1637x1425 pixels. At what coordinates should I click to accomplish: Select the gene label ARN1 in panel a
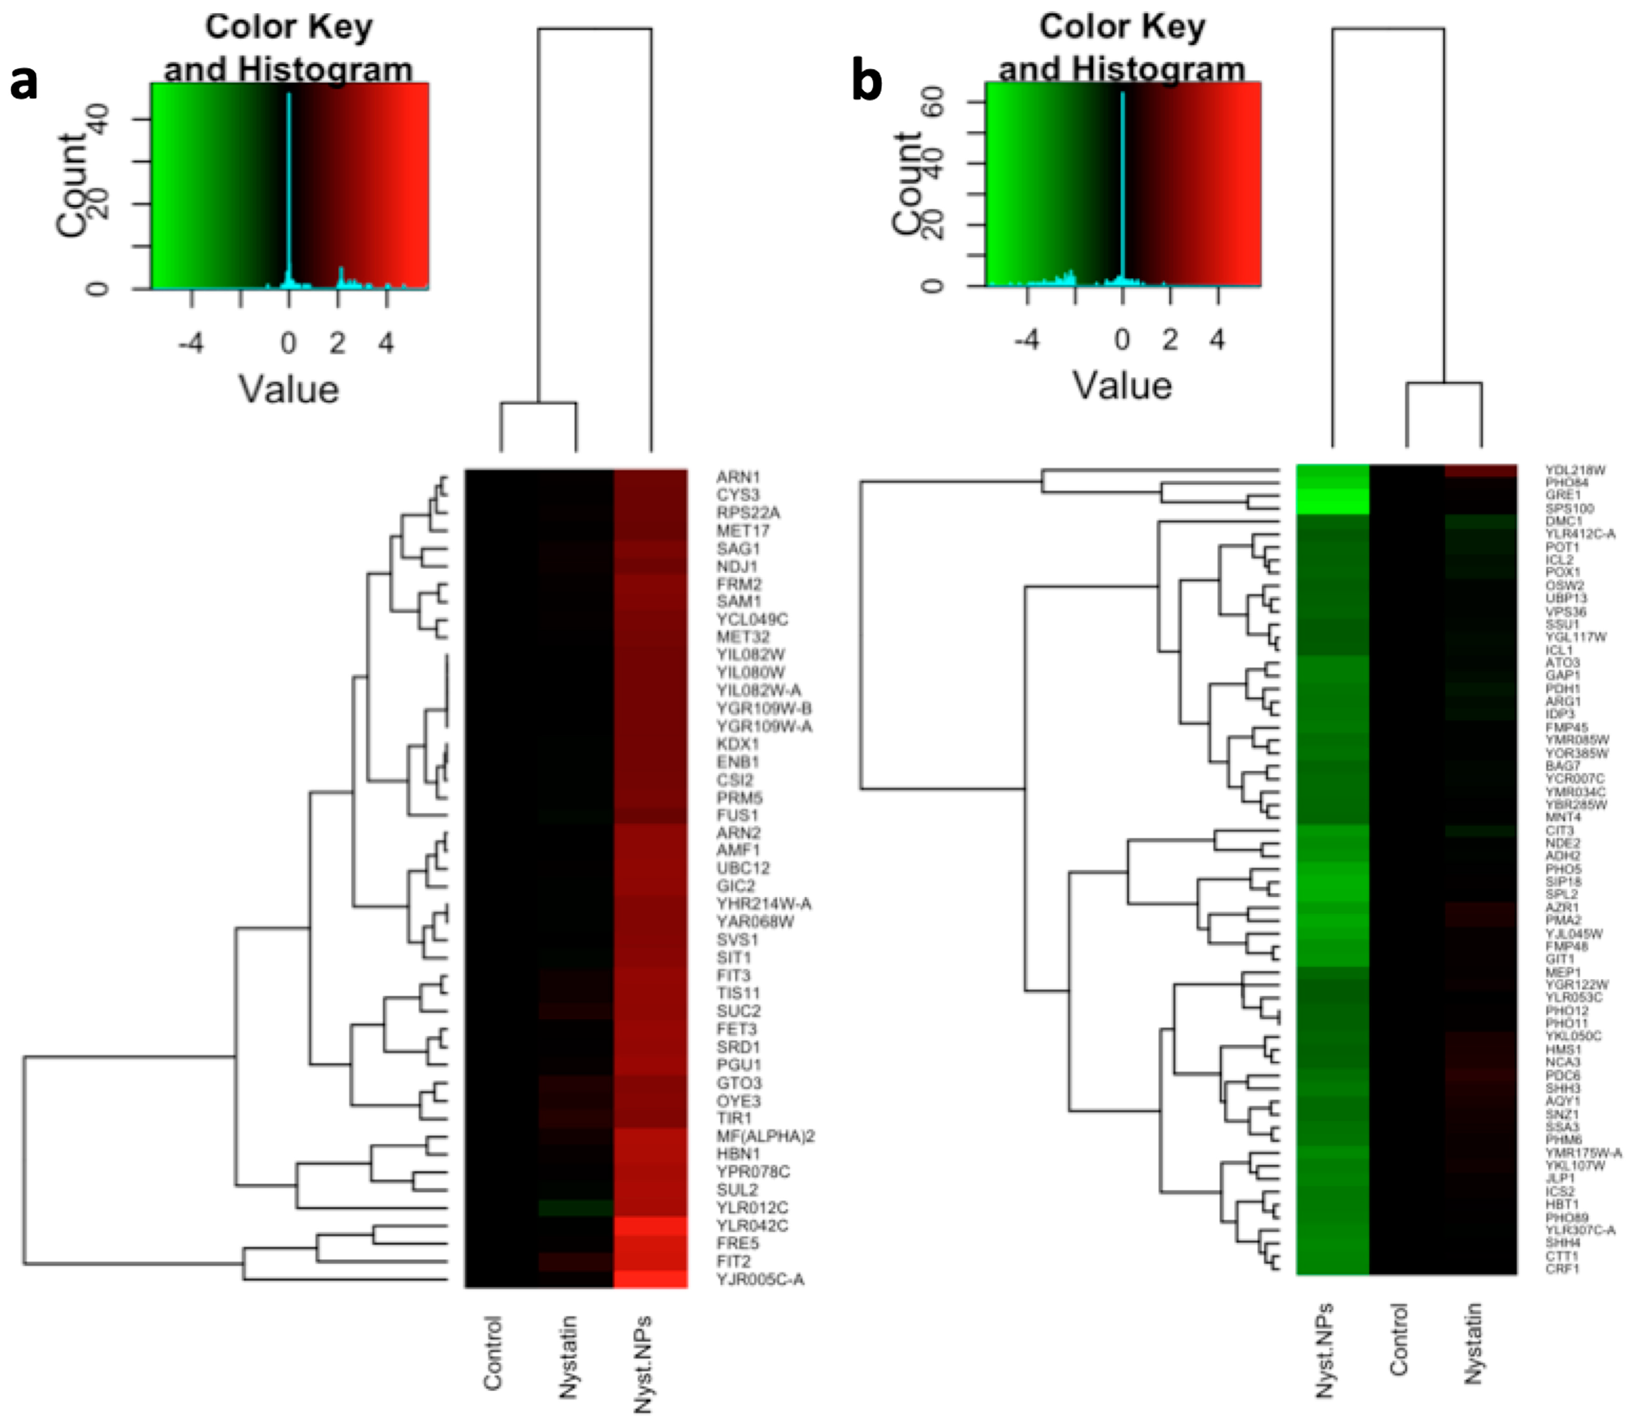(x=738, y=477)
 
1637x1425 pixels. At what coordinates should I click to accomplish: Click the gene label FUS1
(x=737, y=815)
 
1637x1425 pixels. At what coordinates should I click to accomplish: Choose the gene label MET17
(x=743, y=530)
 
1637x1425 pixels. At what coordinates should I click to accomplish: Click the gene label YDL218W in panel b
(x=1575, y=470)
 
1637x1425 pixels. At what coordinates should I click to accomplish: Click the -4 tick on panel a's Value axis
(x=191, y=344)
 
